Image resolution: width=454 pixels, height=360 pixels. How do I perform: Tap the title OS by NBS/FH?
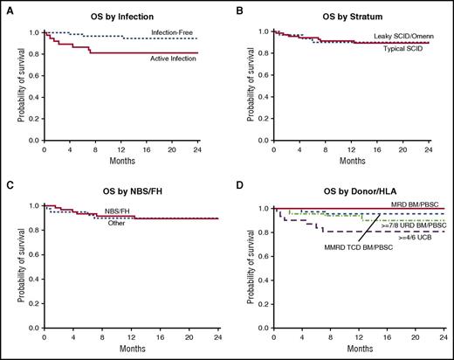click(120, 192)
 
